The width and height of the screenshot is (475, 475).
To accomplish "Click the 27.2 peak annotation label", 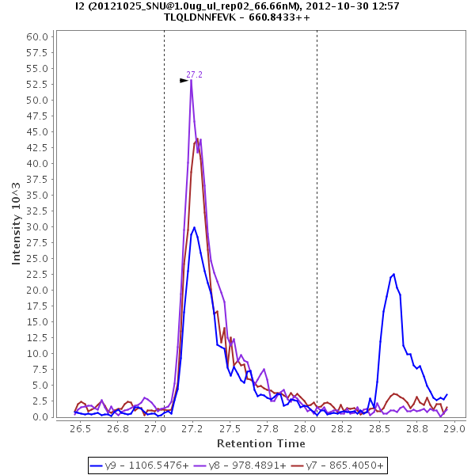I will (x=195, y=74).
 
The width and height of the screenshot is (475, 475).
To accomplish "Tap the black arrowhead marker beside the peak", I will (x=184, y=80).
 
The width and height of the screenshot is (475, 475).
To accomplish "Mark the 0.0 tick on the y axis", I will (x=41, y=416).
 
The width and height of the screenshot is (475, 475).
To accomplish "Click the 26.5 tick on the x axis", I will (x=80, y=428).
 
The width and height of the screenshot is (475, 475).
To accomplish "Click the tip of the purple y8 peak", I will (x=191, y=80).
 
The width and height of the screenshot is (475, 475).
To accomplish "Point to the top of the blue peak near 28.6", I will (x=393, y=274).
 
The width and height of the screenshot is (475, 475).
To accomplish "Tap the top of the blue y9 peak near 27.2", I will (x=194, y=227).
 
